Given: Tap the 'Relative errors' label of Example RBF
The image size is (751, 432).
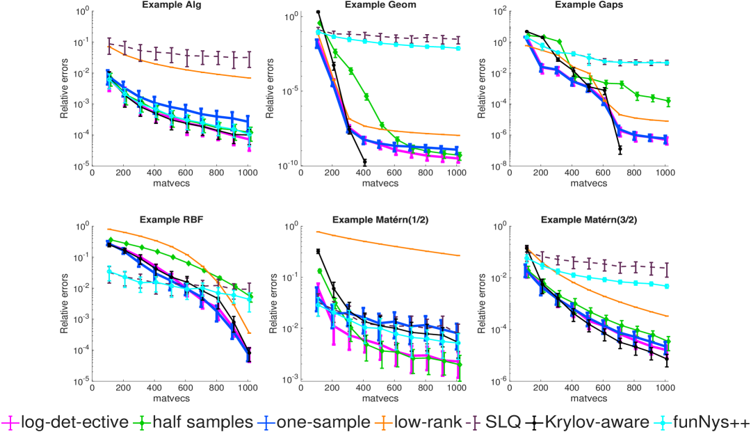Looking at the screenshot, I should pyautogui.click(x=63, y=303).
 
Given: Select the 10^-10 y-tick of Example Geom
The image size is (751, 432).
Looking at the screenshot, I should pyautogui.click(x=289, y=165).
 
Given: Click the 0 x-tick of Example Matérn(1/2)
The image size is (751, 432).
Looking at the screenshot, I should pyautogui.click(x=301, y=387).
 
